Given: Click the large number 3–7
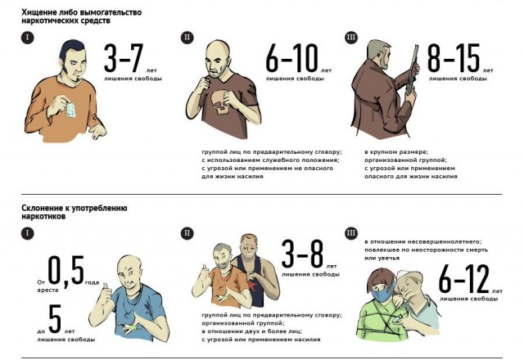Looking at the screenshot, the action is tap(124, 58).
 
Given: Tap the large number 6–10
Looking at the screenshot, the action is tap(291, 58).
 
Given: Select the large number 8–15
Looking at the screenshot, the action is tap(454, 58).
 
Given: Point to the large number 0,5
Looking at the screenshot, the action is tap(65, 271).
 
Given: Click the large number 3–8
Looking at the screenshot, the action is tap(303, 254).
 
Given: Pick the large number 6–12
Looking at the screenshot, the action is tap(464, 279).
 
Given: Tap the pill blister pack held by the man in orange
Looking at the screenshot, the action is tap(70, 110).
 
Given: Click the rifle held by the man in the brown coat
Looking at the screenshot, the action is tap(412, 69).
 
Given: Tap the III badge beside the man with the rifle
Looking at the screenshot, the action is tap(351, 37).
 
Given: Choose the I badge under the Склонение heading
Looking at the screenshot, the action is tap(27, 232).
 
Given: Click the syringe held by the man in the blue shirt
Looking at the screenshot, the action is tap(129, 327).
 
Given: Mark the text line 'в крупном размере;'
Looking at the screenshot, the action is tap(396, 152).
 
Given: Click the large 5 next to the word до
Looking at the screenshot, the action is tap(55, 319).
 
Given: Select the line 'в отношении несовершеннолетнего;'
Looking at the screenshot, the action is tap(423, 242).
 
